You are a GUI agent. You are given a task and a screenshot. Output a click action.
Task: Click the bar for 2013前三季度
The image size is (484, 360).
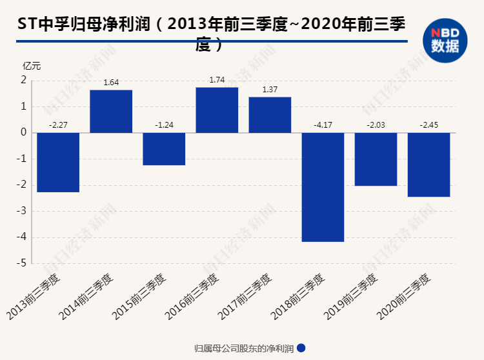coord(58,162)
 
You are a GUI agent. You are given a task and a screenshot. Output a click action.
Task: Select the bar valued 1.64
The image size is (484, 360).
coord(111,111)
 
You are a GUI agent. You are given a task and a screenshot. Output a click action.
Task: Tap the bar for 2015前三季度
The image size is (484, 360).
coord(164,148)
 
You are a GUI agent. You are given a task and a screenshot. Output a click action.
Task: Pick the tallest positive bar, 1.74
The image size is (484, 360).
coord(217,110)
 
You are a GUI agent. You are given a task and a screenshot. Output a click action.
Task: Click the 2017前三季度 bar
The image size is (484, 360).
coord(270,115)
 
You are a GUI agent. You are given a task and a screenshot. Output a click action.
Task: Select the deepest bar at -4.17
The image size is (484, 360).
coord(323,187)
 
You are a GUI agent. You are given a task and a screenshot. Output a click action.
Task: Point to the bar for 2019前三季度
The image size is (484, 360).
coord(376,159)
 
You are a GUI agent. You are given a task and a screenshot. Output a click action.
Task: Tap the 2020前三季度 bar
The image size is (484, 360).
coord(429,165)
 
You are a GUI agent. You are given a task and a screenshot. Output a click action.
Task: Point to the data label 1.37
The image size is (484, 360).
coord(270,90)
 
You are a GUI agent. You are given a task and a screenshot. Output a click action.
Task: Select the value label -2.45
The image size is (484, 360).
coord(429,125)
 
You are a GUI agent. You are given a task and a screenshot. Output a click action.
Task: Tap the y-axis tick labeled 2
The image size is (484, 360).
coord(23,80)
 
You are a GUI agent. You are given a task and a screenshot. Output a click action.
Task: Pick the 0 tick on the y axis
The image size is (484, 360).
coord(23,132)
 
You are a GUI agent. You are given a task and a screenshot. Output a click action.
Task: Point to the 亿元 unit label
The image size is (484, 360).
coord(32,65)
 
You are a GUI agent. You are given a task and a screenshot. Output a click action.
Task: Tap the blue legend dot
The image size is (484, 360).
coord(301,348)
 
